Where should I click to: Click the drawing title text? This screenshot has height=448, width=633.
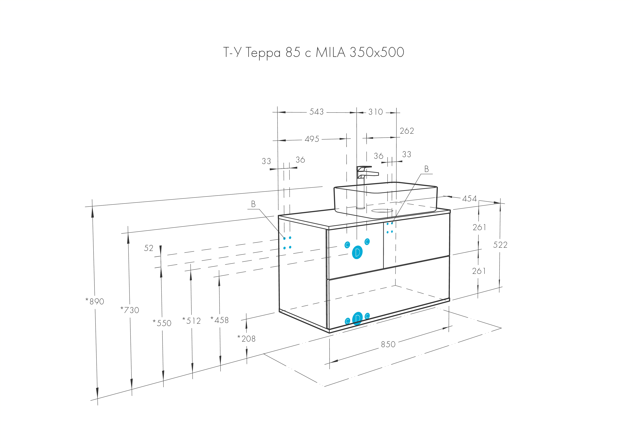pos(313,52)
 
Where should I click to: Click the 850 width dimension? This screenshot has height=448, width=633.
pos(388,344)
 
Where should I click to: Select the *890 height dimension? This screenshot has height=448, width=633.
pos(95,301)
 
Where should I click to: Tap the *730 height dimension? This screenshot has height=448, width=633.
pos(130,310)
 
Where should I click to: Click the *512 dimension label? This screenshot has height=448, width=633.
pos(191,321)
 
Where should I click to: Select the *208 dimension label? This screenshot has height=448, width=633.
pos(246,338)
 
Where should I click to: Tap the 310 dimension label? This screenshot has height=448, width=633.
pos(376,112)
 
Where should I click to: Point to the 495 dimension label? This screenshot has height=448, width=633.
pos(312,139)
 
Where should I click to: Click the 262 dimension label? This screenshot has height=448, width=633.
pos(407,131)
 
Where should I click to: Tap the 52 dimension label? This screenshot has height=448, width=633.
pos(149,248)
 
